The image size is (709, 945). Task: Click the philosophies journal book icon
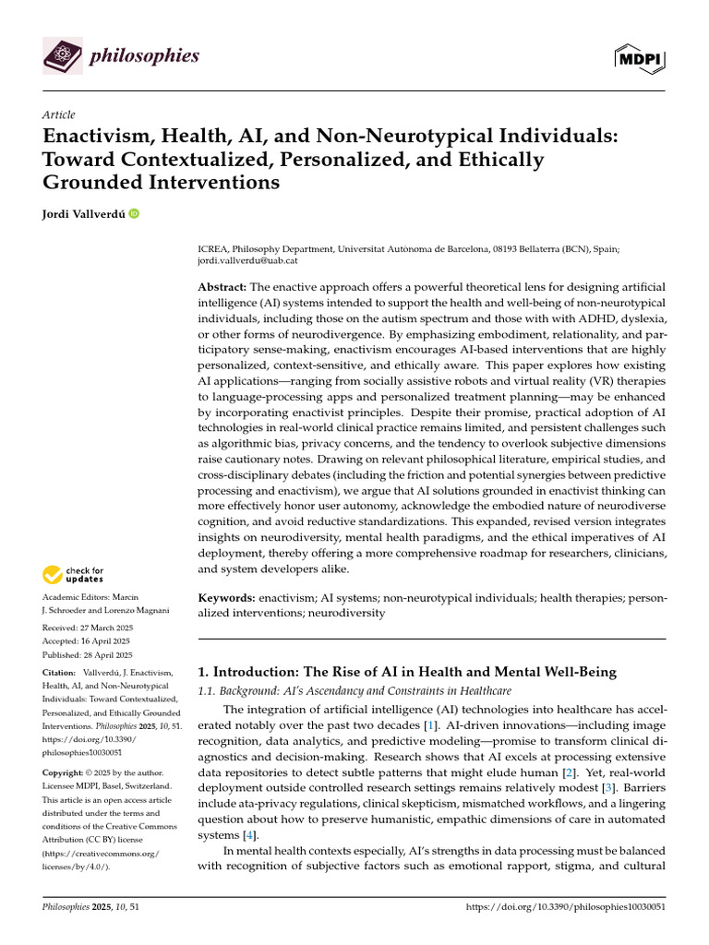pos(62,57)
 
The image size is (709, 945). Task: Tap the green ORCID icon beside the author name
pos(135,214)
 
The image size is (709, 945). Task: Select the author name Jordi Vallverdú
pos(83,214)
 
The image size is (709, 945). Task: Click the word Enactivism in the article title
pos(96,137)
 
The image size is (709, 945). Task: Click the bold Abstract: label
pos(222,287)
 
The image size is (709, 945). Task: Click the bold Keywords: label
pos(226,599)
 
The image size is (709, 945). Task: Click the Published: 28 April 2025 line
pos(89,655)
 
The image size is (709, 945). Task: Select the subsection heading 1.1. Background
pos(237,691)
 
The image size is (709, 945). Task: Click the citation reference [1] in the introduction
pos(429,726)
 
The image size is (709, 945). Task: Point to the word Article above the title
pos(59,114)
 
